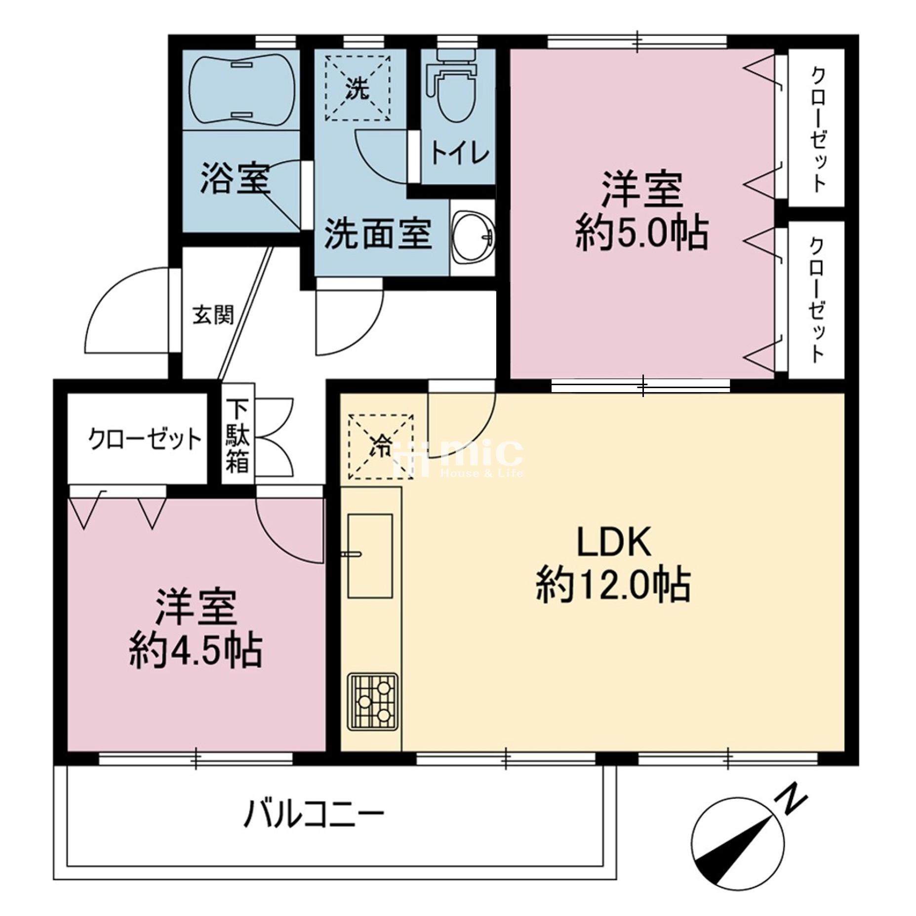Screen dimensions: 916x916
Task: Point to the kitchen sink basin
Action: point(370,556)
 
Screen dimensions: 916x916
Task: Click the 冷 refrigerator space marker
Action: point(381,446)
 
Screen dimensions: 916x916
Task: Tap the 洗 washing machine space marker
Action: point(358,88)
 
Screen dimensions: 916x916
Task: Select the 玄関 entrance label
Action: point(212,315)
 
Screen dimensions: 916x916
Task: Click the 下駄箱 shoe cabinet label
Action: point(238,436)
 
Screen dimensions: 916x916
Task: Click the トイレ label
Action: point(460,154)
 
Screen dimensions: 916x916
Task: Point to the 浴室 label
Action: point(236,179)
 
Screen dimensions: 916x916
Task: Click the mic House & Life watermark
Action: point(457,458)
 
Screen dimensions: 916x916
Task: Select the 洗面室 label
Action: point(378,233)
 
